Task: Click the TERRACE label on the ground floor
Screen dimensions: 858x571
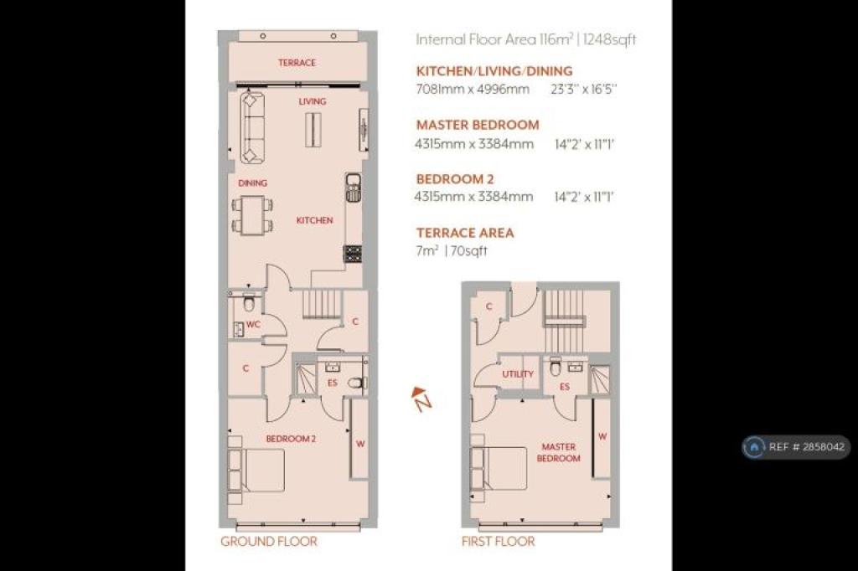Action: (x=297, y=63)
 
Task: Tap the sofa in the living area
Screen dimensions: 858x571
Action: (x=252, y=128)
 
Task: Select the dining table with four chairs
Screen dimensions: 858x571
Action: (x=252, y=215)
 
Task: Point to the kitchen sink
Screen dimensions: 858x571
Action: (x=354, y=188)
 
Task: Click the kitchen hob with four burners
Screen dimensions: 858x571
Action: (x=353, y=255)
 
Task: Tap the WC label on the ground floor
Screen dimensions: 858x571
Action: (x=253, y=324)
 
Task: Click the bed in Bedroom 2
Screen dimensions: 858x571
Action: (x=256, y=471)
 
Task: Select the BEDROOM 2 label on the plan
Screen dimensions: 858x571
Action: (x=291, y=439)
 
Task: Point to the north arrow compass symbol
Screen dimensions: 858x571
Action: (x=421, y=399)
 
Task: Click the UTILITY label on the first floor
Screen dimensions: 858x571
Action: (x=518, y=374)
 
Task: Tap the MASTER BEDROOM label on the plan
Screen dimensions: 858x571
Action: (x=558, y=452)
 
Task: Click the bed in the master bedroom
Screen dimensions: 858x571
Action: (x=498, y=468)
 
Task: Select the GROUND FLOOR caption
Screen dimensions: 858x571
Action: (x=269, y=542)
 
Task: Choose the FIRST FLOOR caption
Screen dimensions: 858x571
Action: (x=498, y=542)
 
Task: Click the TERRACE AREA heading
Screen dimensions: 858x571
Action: (x=465, y=233)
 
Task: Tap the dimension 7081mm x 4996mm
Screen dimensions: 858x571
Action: (x=473, y=89)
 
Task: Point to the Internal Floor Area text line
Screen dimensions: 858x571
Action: (x=526, y=39)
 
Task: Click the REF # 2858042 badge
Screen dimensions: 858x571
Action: (x=796, y=447)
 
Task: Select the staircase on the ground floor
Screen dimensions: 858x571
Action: (x=322, y=304)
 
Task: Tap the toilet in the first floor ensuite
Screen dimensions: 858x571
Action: (x=555, y=368)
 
